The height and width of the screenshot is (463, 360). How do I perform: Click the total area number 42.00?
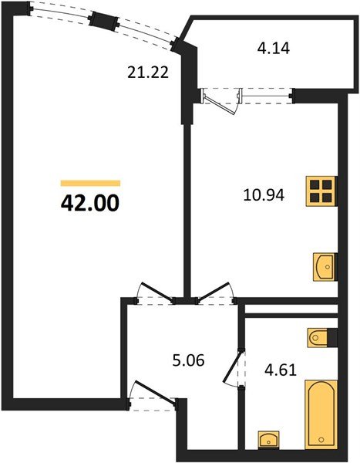pyautogui.click(x=90, y=203)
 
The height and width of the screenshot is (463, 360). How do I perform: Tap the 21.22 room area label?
pyautogui.click(x=148, y=72)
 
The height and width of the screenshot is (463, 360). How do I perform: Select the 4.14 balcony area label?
pyautogui.click(x=273, y=48)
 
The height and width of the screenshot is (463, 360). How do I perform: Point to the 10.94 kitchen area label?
pyautogui.click(x=264, y=195)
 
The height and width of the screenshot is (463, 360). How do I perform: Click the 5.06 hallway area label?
pyautogui.click(x=188, y=360)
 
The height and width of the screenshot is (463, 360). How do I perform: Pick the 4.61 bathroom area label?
pyautogui.click(x=281, y=370)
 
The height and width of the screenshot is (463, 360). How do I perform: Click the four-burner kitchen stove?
pyautogui.click(x=321, y=191)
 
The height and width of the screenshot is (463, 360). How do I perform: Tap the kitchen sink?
pyautogui.click(x=325, y=267)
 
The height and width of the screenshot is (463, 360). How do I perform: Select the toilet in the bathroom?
pyautogui.click(x=318, y=337)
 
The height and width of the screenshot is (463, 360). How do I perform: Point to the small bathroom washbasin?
pyautogui.click(x=268, y=440)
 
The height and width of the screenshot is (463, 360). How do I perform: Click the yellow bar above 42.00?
pyautogui.click(x=90, y=184)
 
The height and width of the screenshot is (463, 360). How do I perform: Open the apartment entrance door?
pyautogui.click(x=155, y=392)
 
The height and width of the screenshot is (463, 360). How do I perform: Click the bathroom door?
pyautogui.click(x=232, y=366)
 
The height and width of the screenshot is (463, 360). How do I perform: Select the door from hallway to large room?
pyautogui.click(x=156, y=292)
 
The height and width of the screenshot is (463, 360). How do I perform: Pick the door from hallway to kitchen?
pyautogui.click(x=214, y=292)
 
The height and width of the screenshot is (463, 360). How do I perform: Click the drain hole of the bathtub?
pyautogui.click(x=321, y=440)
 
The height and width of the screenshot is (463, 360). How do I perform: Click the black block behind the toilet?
pyautogui.click(x=332, y=337)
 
